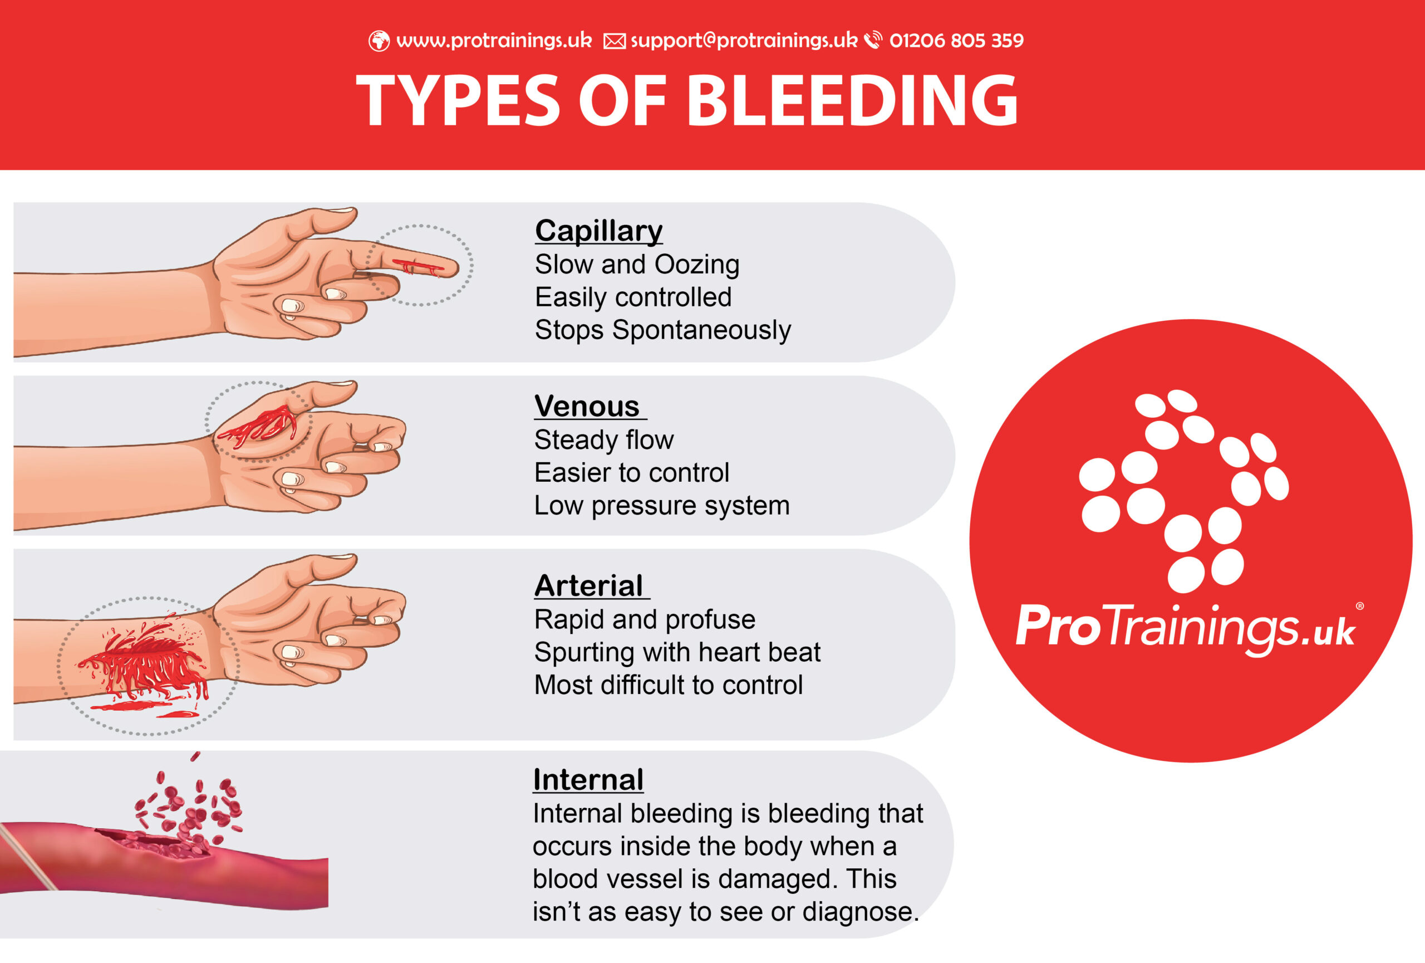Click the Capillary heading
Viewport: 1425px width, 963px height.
(x=598, y=231)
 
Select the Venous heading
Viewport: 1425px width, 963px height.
(x=587, y=407)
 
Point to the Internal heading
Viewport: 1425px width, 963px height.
(x=588, y=780)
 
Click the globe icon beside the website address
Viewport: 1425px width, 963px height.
(x=379, y=41)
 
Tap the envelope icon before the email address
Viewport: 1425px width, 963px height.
(x=614, y=41)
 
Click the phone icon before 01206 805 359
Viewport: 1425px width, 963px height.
(x=873, y=40)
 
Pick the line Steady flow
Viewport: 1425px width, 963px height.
(x=603, y=440)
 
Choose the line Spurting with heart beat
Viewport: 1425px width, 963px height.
(x=676, y=652)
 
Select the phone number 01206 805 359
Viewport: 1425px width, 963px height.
(x=956, y=41)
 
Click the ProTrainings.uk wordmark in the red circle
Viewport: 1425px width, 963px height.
(x=1185, y=627)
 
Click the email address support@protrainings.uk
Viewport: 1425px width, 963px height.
(x=743, y=41)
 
